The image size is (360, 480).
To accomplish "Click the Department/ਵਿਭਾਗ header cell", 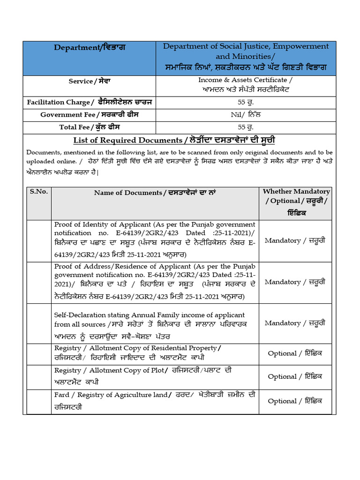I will pos(90,47).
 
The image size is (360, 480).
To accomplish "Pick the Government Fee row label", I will pos(90,114).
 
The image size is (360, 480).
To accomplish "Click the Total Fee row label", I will pos(90,127).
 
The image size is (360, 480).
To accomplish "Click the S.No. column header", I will pos(39,192).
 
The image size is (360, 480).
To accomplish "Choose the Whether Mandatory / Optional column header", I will pos(296,202).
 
